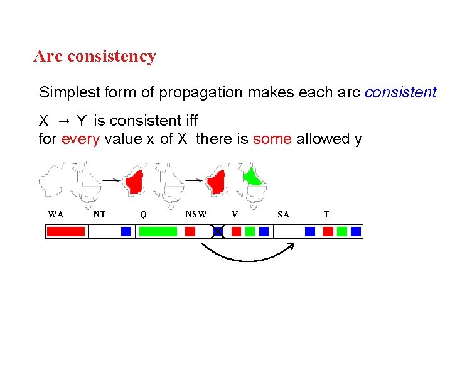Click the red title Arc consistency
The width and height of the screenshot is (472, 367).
[95, 56]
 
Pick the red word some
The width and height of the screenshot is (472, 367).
[272, 139]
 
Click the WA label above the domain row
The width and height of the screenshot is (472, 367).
[55, 214]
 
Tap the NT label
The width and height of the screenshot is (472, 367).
[99, 214]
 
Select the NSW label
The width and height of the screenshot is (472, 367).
[196, 214]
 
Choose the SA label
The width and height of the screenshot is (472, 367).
[283, 214]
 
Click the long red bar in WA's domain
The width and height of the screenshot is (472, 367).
[66, 231]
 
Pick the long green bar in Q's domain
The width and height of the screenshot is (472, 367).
[158, 231]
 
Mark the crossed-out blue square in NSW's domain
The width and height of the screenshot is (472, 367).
[217, 231]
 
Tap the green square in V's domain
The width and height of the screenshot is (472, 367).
[250, 231]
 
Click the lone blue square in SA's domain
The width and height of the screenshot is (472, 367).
[309, 231]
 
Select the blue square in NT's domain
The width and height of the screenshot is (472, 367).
[126, 231]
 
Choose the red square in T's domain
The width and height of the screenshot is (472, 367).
[328, 231]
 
